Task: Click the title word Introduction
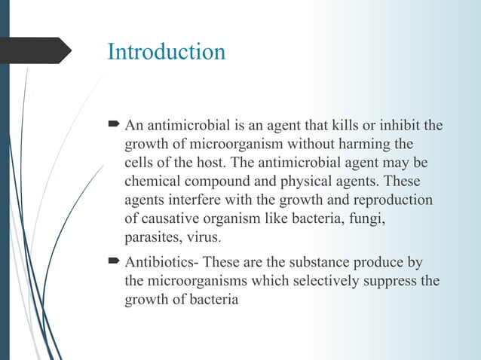pos(167,52)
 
